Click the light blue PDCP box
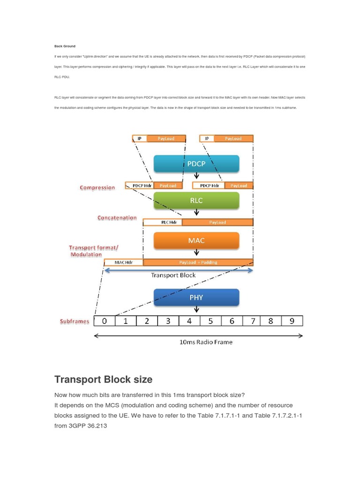pos(196,164)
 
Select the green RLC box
pos(196,200)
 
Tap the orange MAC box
pos(196,240)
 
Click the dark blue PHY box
pos(196,297)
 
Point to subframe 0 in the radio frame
pos(105,321)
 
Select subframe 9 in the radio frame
pos(292,321)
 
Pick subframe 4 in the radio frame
pos(189,321)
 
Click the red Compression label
pos(97,187)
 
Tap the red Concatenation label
pos(117,218)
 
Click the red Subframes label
pos(75,322)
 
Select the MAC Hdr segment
pos(123,262)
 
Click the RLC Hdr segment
pos(162,222)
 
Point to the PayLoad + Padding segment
pos(198,262)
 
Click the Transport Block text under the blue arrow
pos(173,275)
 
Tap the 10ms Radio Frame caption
pos(206,342)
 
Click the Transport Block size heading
pos(103,380)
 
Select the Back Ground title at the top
pos(65,46)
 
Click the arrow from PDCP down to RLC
pos(196,177)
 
